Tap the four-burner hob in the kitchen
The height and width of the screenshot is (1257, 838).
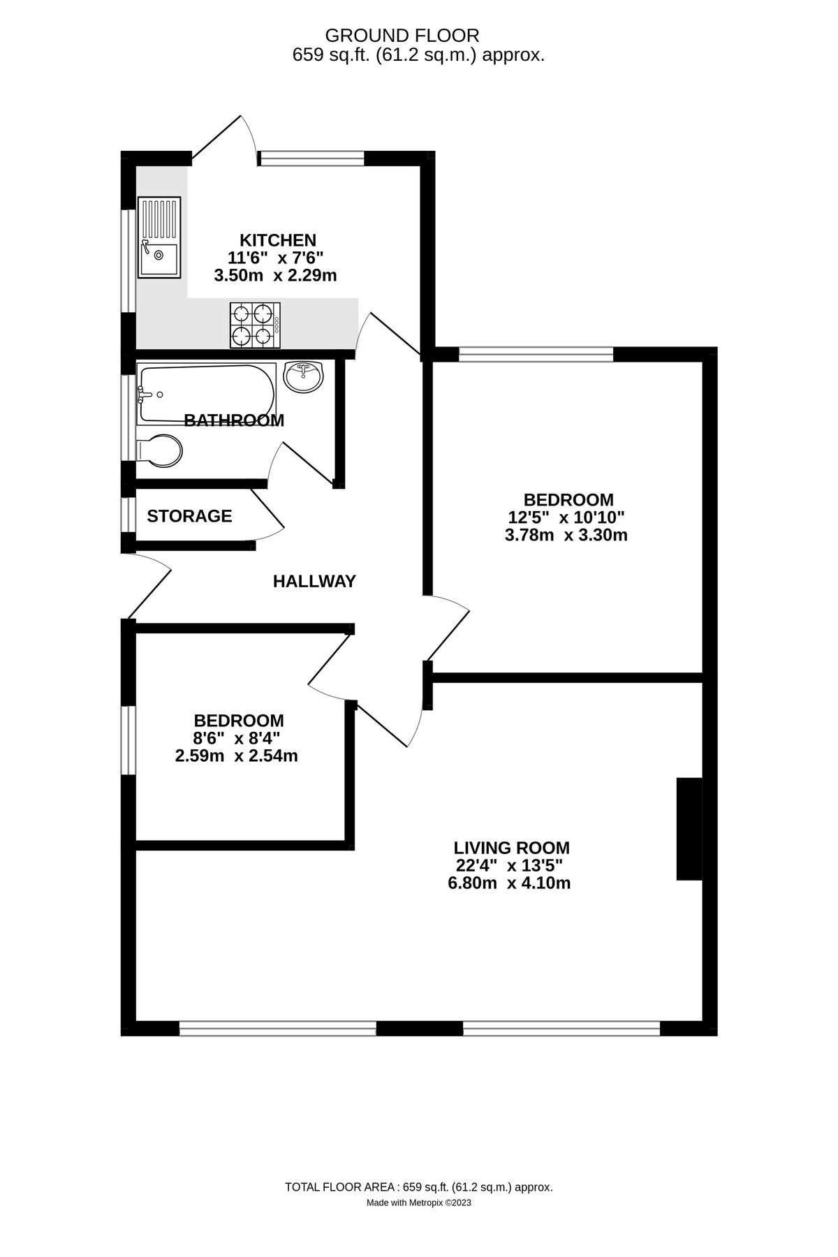(255, 325)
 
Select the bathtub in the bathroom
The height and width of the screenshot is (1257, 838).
(206, 394)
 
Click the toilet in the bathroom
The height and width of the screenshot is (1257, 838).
(160, 450)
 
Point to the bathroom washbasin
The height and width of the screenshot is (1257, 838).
(303, 376)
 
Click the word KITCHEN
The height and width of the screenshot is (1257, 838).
(278, 240)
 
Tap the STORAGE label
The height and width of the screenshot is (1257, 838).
(189, 516)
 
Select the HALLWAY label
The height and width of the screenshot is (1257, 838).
(314, 581)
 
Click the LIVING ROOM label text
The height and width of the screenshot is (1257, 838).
(512, 848)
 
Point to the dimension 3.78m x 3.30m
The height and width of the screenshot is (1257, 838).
(566, 536)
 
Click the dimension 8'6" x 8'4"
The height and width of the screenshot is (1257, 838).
(237, 738)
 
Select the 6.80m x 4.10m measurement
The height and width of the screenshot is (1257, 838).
(509, 883)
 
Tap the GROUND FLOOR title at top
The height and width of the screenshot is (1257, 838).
(402, 36)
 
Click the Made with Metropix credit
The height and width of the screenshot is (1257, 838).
(419, 1203)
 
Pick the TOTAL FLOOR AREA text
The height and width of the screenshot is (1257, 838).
(419, 1187)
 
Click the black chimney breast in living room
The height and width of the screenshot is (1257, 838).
(689, 829)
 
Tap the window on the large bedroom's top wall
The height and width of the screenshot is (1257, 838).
(536, 355)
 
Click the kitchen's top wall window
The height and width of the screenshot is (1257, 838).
(312, 159)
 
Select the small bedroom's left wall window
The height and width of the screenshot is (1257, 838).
(128, 740)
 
